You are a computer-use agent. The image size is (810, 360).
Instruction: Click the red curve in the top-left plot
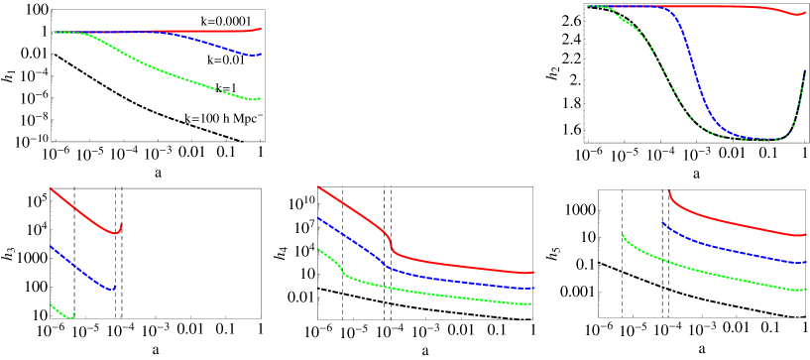click(x=198, y=31)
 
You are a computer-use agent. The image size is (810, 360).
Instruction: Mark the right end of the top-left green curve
click(x=260, y=98)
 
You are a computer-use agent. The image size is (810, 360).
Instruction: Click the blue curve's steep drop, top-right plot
click(x=691, y=69)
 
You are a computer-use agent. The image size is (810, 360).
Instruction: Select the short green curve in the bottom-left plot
click(x=61, y=313)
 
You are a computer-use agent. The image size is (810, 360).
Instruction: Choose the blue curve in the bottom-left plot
click(x=79, y=267)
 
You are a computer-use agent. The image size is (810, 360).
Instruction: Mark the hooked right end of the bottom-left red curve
click(x=121, y=225)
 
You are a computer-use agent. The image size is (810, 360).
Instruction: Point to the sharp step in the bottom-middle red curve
click(x=391, y=241)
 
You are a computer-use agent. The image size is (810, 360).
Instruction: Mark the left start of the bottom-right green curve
click(x=622, y=235)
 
